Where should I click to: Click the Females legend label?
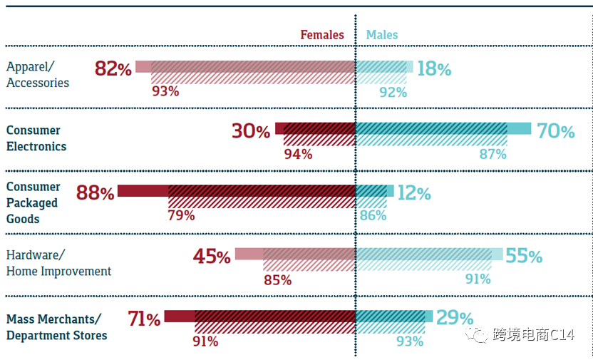coord(321,35)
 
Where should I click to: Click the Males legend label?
coord(382,35)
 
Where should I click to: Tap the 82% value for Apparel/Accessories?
coord(113,69)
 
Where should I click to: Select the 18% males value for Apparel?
coord(434,69)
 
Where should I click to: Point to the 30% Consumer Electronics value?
coord(251,131)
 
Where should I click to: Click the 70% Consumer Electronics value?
coord(555,131)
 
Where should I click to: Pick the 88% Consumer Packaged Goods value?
coord(96,193)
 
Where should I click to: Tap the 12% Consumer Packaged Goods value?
coord(414,193)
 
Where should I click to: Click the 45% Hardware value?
coord(212,257)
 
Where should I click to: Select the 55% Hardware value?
coord(524,256)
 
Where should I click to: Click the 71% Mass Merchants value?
coord(144,319)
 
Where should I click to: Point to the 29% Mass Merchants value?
coord(455,318)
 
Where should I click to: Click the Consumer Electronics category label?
coord(36,138)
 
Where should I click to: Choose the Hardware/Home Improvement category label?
coord(58,263)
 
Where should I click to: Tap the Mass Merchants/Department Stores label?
coord(56,326)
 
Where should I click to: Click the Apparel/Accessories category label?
coord(38,75)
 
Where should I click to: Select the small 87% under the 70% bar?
coord(493,153)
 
